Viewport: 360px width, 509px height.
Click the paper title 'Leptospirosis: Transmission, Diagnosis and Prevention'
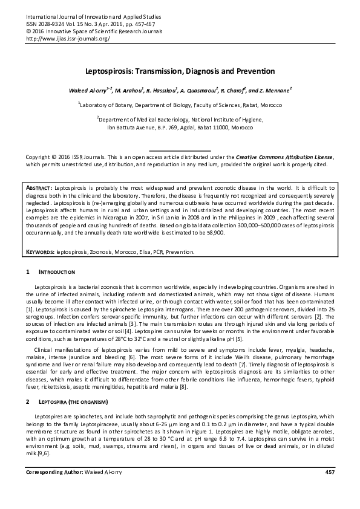(180, 71)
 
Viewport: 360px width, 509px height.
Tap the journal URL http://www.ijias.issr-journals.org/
(68, 37)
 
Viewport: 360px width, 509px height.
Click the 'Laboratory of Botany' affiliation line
(180, 104)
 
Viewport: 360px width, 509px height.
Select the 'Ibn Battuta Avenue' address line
(180, 128)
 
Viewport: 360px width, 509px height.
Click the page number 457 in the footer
(330, 488)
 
